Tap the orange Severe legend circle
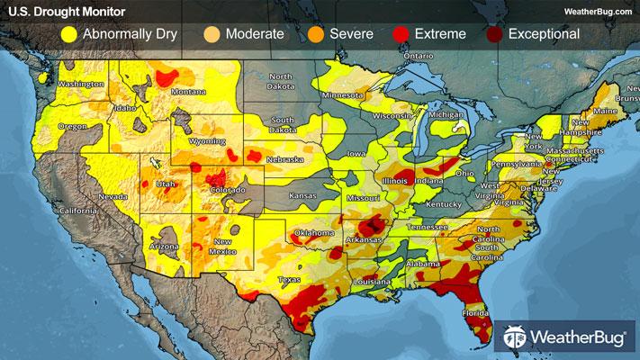click(313, 34)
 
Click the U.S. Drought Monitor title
click(61, 11)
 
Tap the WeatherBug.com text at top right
click(595, 11)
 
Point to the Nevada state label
click(111, 196)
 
